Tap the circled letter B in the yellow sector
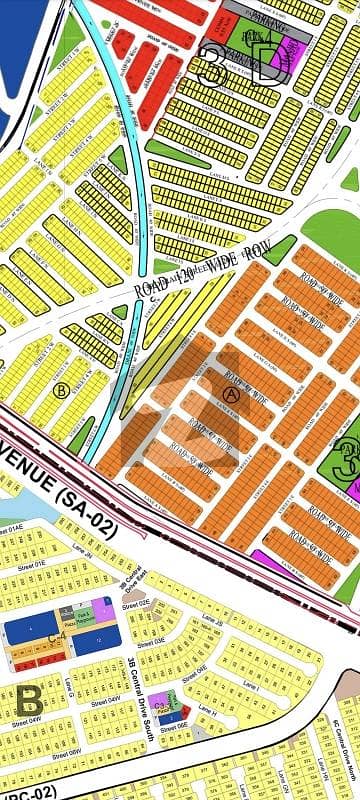click(x=61, y=391)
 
